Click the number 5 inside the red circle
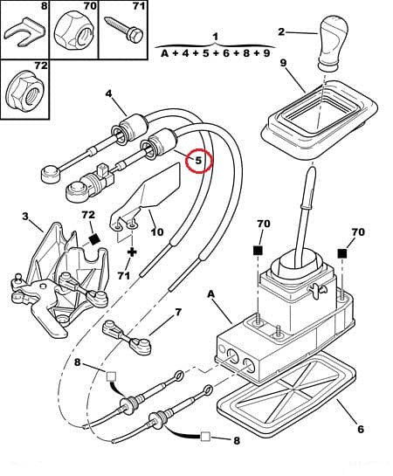point(198,161)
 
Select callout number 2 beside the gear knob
point(281,31)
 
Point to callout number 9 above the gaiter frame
point(283,63)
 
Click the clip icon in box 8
point(22,35)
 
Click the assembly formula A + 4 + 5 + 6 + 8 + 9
point(215,52)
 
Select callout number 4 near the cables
point(109,93)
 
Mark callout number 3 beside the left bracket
point(25,216)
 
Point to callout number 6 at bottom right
point(360,429)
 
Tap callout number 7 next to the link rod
point(178,312)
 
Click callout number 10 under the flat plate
point(157,231)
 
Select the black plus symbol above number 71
point(132,252)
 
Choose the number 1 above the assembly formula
point(215,36)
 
